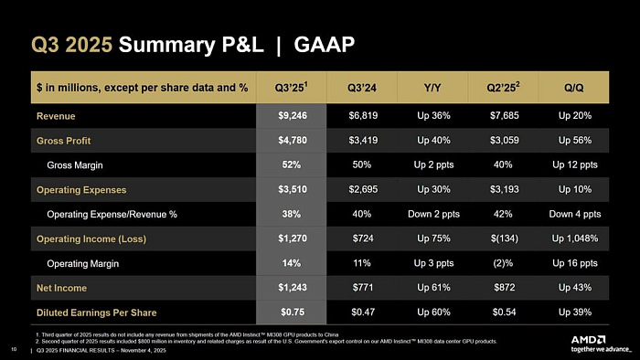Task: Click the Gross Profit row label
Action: point(63,141)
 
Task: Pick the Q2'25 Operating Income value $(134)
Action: point(505,239)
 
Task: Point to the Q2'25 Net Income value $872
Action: point(505,289)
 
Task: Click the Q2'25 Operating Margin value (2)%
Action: point(505,264)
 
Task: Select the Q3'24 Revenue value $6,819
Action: point(364,116)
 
